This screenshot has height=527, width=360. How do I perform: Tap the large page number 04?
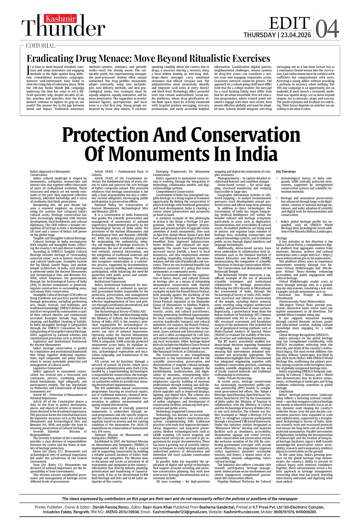pyautogui.click(x=327, y=29)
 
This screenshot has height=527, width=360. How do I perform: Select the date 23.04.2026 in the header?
pyautogui.click(x=296, y=35)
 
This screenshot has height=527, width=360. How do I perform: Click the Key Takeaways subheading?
pyautogui.click(x=286, y=171)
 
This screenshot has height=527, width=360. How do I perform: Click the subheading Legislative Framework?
pyautogui.click(x=48, y=368)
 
